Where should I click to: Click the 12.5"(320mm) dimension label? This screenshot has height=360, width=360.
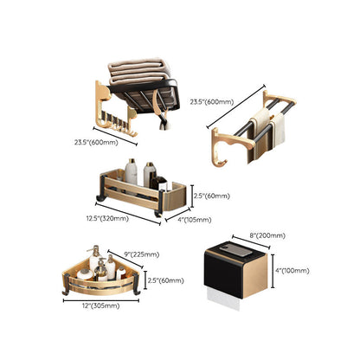107,218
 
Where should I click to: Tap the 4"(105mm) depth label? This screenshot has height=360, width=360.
194,220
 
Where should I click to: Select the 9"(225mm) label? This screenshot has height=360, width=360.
142,254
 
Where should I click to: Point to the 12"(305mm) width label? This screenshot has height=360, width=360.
100,305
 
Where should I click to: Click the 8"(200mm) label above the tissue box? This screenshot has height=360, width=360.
267,235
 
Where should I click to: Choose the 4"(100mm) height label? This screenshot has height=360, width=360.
292,271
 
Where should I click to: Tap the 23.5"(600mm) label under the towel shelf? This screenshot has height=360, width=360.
96,142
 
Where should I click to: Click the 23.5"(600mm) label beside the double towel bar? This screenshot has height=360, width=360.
212,102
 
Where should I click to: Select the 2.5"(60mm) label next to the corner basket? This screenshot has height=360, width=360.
165,280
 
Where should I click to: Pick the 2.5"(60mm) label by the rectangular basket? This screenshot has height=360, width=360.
212,196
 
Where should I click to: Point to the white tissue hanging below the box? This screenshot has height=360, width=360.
224,299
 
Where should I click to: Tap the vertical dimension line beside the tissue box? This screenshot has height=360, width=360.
273,271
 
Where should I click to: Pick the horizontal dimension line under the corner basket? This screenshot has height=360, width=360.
101,300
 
